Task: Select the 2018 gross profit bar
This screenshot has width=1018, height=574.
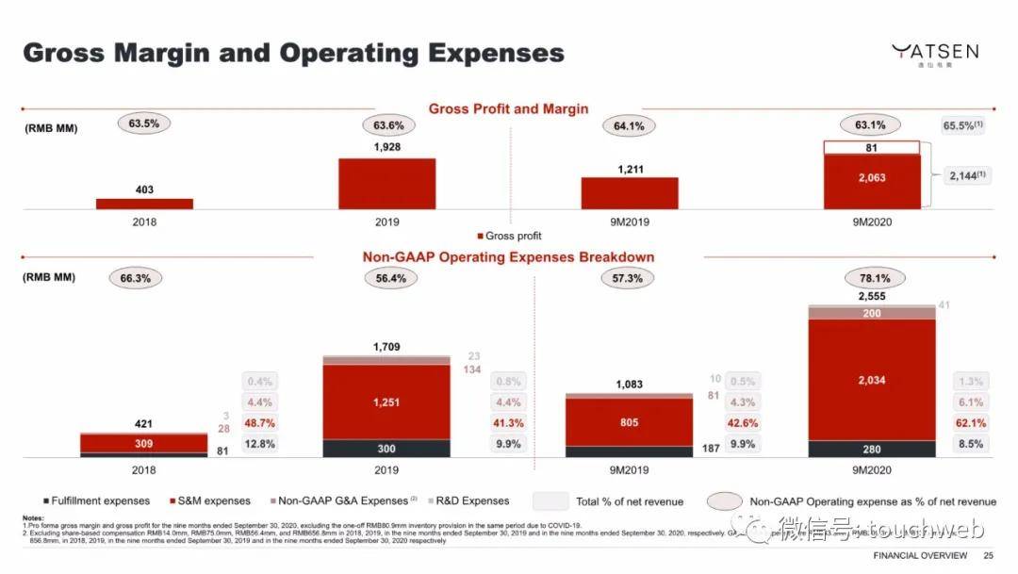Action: pos(144,204)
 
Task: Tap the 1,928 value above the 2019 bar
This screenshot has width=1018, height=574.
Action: pos(386,148)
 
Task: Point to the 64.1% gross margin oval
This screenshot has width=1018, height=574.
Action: pos(628,126)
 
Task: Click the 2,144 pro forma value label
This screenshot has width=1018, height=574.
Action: pos(964,175)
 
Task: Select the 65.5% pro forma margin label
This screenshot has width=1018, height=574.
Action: pos(962,126)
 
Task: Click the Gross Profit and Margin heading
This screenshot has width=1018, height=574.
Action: pos(508,108)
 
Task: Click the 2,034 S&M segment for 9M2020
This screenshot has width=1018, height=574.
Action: pos(871,380)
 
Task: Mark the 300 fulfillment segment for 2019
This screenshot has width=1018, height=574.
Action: pos(386,449)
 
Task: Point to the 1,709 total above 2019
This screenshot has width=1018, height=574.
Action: pos(386,347)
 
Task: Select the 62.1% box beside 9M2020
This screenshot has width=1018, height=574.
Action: pos(971,423)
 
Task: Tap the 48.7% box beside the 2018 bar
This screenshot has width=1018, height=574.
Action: pos(260,423)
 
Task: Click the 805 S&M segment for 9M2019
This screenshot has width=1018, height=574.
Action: pos(628,423)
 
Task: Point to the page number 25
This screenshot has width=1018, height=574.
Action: pos(989,556)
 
